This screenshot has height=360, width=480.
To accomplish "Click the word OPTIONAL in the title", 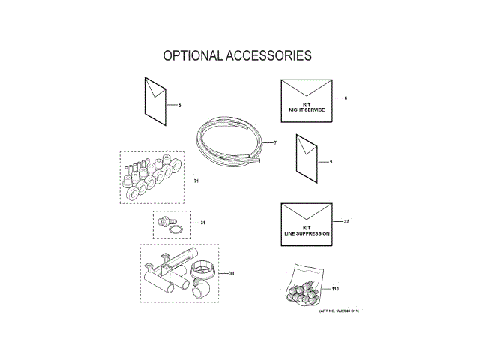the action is [191, 56].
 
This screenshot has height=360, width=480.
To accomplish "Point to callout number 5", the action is [178, 104].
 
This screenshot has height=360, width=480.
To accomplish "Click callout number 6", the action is [346, 98].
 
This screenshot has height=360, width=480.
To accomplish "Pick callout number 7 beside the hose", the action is [275, 142].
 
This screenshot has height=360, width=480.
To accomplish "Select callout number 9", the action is [330, 161].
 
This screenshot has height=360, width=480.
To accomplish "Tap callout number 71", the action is [196, 181].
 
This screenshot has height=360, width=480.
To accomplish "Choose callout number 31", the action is [202, 223].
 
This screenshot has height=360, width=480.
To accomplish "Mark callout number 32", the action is [346, 222].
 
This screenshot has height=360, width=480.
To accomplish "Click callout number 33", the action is [232, 273].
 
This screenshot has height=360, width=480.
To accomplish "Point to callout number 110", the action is [335, 288].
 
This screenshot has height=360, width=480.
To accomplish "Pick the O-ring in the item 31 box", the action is [173, 229].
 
